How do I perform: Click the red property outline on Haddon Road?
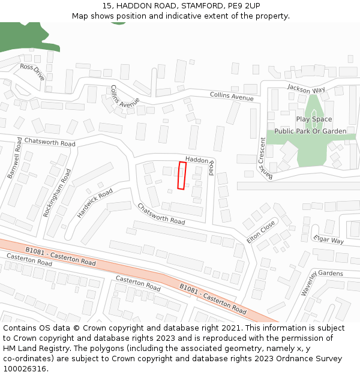click(x=182, y=175)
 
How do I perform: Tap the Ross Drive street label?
click(x=32, y=72)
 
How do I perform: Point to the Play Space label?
click(x=313, y=119)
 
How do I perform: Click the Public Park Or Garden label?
click(x=310, y=131)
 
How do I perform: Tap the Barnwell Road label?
click(x=14, y=158)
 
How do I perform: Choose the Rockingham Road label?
click(x=58, y=192)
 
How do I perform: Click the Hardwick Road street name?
click(x=95, y=203)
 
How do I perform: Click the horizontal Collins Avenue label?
click(x=232, y=96)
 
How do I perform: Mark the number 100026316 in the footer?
click(x=25, y=368)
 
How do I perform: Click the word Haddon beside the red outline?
click(x=197, y=160)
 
